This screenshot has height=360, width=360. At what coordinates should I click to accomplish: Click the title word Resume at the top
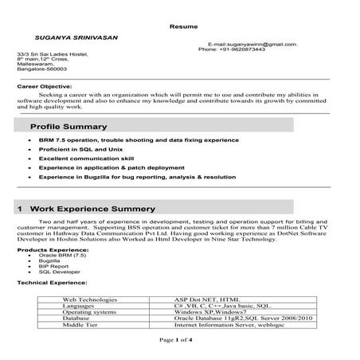tap(179, 26)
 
